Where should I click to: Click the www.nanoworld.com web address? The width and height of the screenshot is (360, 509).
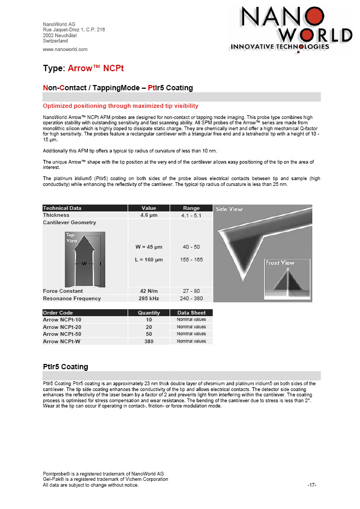[x=65, y=49]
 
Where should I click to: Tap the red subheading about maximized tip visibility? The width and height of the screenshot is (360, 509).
[x=120, y=106]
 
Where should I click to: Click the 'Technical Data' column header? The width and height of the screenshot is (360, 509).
[x=62, y=208]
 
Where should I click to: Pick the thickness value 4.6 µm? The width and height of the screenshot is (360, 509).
[x=149, y=215]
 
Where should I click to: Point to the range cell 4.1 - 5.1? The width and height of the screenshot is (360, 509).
[x=191, y=216]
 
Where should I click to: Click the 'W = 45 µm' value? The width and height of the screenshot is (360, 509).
[x=149, y=247]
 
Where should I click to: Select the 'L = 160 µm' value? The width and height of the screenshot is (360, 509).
[x=149, y=260]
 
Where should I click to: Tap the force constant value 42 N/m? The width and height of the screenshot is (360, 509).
[x=149, y=291]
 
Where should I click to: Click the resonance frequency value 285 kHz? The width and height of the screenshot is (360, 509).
[x=149, y=299]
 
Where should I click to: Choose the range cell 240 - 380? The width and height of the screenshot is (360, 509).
[x=191, y=299]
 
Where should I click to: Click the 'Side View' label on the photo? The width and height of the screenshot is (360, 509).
[x=229, y=209]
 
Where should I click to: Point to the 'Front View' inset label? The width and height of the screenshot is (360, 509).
[x=280, y=263]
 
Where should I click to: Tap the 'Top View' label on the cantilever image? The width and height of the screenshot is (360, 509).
[x=72, y=237]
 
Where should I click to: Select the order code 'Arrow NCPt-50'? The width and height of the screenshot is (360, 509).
[x=62, y=334]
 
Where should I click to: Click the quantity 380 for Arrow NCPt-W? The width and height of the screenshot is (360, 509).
[x=149, y=342]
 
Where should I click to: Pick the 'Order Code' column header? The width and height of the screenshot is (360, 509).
[x=58, y=313]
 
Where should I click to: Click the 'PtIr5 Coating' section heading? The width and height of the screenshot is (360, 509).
[x=65, y=367]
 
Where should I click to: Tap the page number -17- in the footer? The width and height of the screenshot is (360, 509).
[x=312, y=485]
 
